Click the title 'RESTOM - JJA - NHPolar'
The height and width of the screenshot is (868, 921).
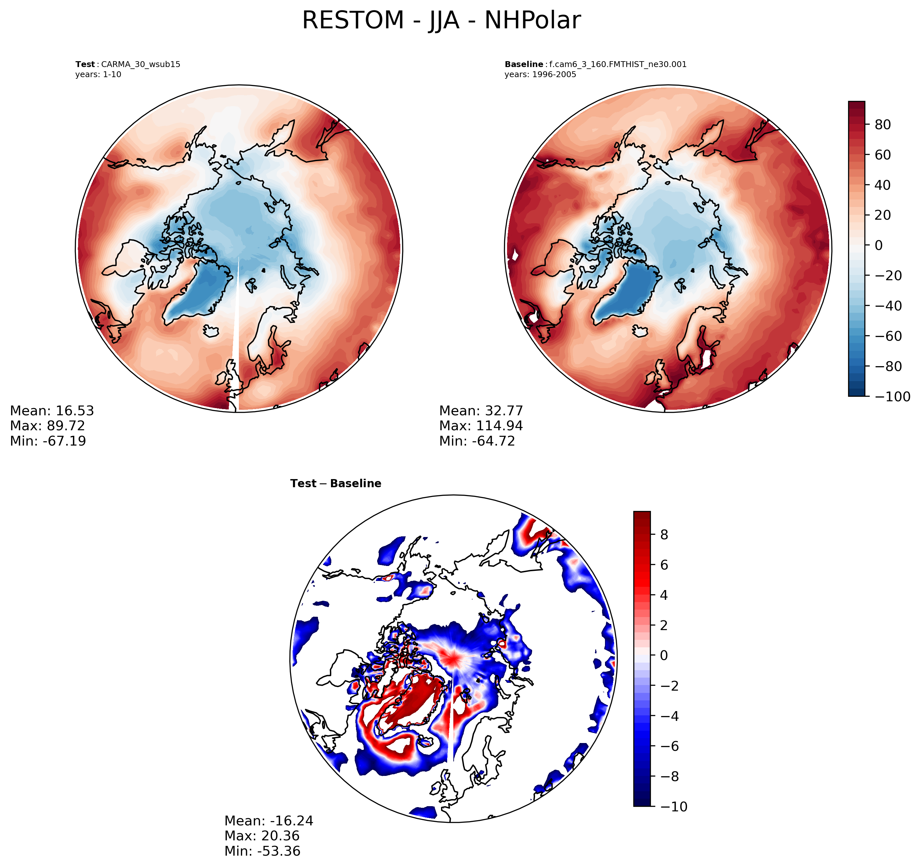pos(441,21)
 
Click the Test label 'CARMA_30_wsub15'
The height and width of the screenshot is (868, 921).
pos(140,64)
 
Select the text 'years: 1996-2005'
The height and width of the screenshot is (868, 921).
pos(540,75)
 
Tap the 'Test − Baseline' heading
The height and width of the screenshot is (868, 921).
pos(336,483)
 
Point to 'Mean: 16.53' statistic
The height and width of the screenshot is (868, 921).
pos(52,411)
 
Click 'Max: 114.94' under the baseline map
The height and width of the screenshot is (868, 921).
pos(481,426)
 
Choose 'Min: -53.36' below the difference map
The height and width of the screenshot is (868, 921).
pos(262,851)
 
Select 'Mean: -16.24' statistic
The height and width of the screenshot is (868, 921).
pos(269,821)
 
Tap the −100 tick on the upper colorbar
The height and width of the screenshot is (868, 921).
pos(892,397)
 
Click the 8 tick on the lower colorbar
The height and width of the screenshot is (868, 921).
pos(664,535)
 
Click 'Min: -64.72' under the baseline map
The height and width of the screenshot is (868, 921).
pos(477,441)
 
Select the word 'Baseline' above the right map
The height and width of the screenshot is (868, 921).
pos(524,64)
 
